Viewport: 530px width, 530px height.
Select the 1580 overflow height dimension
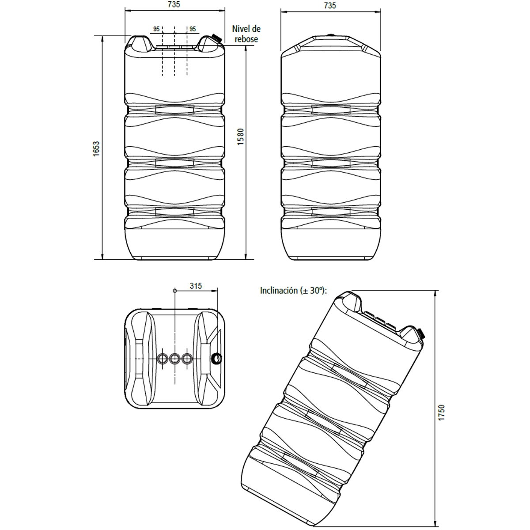(x=240, y=136)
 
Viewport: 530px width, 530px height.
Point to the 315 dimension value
(x=196, y=286)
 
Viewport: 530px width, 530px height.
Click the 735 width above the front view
(x=174, y=5)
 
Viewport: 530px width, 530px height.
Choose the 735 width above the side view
(x=330, y=5)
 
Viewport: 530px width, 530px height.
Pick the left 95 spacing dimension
(x=156, y=29)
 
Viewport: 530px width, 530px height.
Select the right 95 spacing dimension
(x=193, y=29)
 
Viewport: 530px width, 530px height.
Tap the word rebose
(x=246, y=39)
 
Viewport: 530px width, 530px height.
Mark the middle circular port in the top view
(x=175, y=358)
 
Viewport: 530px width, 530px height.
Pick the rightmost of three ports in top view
(x=187, y=358)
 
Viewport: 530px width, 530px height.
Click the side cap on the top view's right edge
(x=216, y=359)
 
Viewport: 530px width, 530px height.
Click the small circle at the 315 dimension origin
(x=175, y=291)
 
